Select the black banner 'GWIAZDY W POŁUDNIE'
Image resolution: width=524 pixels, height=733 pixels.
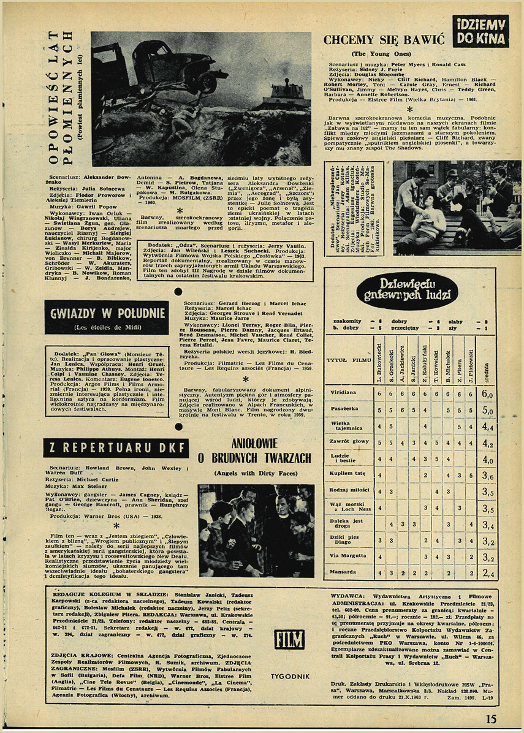tap(106, 317)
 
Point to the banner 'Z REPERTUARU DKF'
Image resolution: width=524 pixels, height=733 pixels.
tap(116, 448)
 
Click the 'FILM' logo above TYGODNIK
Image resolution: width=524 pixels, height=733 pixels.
tap(290, 639)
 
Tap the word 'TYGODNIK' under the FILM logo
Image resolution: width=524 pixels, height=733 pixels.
tap(290, 676)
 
